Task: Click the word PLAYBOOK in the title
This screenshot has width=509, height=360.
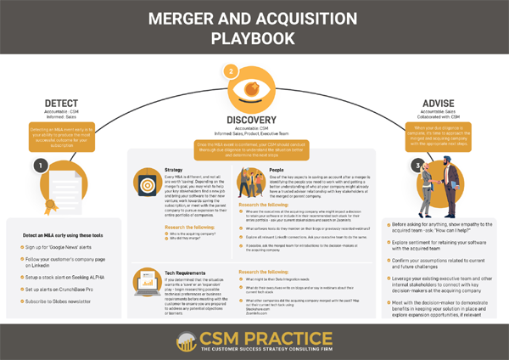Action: (x=254, y=38)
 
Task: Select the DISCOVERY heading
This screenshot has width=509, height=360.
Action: (x=254, y=120)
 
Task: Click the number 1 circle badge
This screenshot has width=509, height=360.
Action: (x=40, y=166)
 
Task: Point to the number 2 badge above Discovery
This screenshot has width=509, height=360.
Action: (x=231, y=71)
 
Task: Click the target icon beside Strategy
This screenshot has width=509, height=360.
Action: (x=146, y=183)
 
